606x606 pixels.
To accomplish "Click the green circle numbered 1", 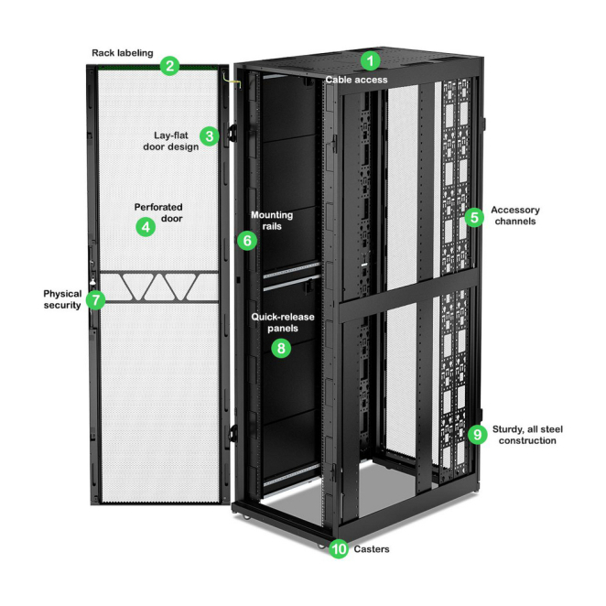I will click(x=370, y=61).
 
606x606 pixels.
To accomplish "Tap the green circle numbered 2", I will click(x=168, y=66).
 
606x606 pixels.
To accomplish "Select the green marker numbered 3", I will click(x=210, y=136).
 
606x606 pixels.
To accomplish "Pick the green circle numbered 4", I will click(x=145, y=227).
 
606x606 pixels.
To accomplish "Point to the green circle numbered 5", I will click(x=473, y=217).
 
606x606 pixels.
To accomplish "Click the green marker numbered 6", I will click(x=244, y=241).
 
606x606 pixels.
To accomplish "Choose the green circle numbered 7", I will click(x=94, y=299).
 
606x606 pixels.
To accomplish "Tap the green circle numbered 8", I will click(x=281, y=348).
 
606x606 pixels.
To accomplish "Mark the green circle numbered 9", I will click(x=476, y=434).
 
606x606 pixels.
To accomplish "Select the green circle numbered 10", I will click(x=339, y=550).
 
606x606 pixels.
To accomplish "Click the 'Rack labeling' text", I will click(x=123, y=53).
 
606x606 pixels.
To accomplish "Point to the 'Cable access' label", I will click(x=356, y=80).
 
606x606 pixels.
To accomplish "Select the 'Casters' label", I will click(x=373, y=549).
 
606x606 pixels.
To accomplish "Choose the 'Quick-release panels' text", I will click(x=283, y=322).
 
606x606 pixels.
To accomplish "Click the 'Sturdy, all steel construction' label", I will click(x=526, y=434).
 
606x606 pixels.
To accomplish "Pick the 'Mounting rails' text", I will click(x=272, y=221).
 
